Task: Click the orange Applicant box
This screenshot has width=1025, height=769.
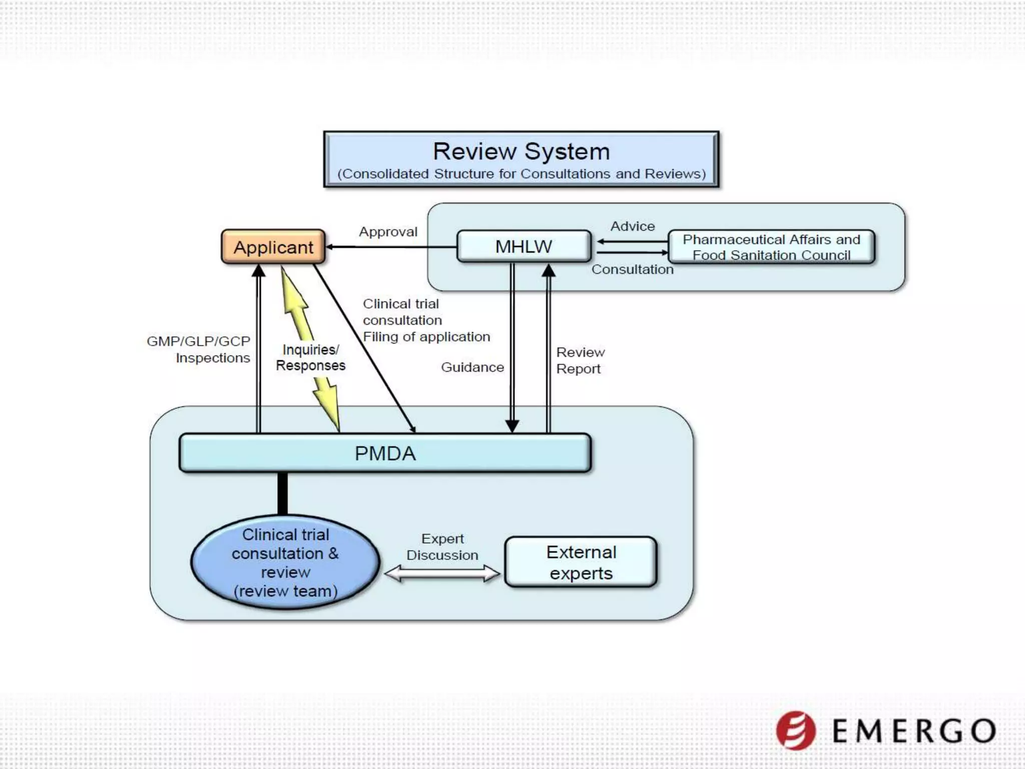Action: click(273, 247)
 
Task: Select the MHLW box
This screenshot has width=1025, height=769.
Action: click(524, 246)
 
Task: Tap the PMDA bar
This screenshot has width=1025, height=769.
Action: click(385, 453)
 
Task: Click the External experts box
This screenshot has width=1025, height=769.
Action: click(581, 562)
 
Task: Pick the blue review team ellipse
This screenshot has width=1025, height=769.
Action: click(285, 562)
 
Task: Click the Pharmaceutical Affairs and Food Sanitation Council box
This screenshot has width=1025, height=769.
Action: click(771, 247)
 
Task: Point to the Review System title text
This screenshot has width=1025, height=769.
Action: click(521, 151)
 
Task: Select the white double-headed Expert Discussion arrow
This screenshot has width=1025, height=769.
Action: click(442, 573)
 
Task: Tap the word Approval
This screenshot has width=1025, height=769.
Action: click(388, 232)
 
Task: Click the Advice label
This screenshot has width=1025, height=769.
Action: click(632, 226)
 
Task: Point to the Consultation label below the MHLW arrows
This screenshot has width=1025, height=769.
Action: click(632, 269)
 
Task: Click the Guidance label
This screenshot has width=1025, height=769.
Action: click(472, 367)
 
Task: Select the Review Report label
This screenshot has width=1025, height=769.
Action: click(580, 360)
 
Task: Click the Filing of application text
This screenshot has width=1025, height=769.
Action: click(426, 337)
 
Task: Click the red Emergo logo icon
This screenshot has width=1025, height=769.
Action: click(795, 730)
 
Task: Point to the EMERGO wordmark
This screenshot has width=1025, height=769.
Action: click(914, 731)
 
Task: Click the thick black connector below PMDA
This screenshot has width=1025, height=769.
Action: click(282, 493)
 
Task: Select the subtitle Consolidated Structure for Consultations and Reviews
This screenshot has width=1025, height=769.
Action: click(521, 174)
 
